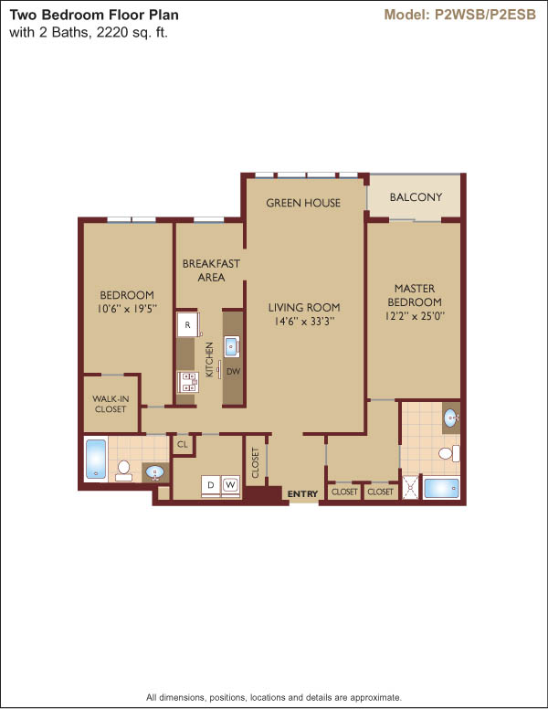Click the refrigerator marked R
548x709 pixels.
pyautogui.click(x=187, y=323)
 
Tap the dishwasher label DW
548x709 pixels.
pyautogui.click(x=233, y=372)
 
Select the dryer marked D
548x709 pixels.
pyautogui.click(x=211, y=486)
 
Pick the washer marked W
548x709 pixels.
pyautogui.click(x=230, y=486)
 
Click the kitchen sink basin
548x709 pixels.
pyautogui.click(x=231, y=347)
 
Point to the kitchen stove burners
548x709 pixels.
pyautogui.click(x=188, y=382)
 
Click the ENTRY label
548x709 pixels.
pyautogui.click(x=302, y=493)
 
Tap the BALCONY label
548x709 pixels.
pyautogui.click(x=416, y=197)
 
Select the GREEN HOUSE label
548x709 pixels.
pyautogui.click(x=303, y=203)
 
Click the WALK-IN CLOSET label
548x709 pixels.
pyautogui.click(x=111, y=404)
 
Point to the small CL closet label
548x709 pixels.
pyautogui.click(x=183, y=444)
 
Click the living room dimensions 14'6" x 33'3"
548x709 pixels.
pyautogui.click(x=304, y=322)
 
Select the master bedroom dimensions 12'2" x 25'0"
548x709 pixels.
pyautogui.click(x=415, y=316)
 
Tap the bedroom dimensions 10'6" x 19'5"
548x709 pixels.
pyautogui.click(x=127, y=310)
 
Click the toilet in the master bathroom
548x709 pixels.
pyautogui.click(x=449, y=453)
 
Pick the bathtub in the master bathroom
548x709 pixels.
pyautogui.click(x=442, y=488)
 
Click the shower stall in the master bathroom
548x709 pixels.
pyautogui.click(x=411, y=487)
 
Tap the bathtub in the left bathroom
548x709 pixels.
pyautogui.click(x=96, y=459)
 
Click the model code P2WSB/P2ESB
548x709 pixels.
pyautogui.click(x=485, y=15)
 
